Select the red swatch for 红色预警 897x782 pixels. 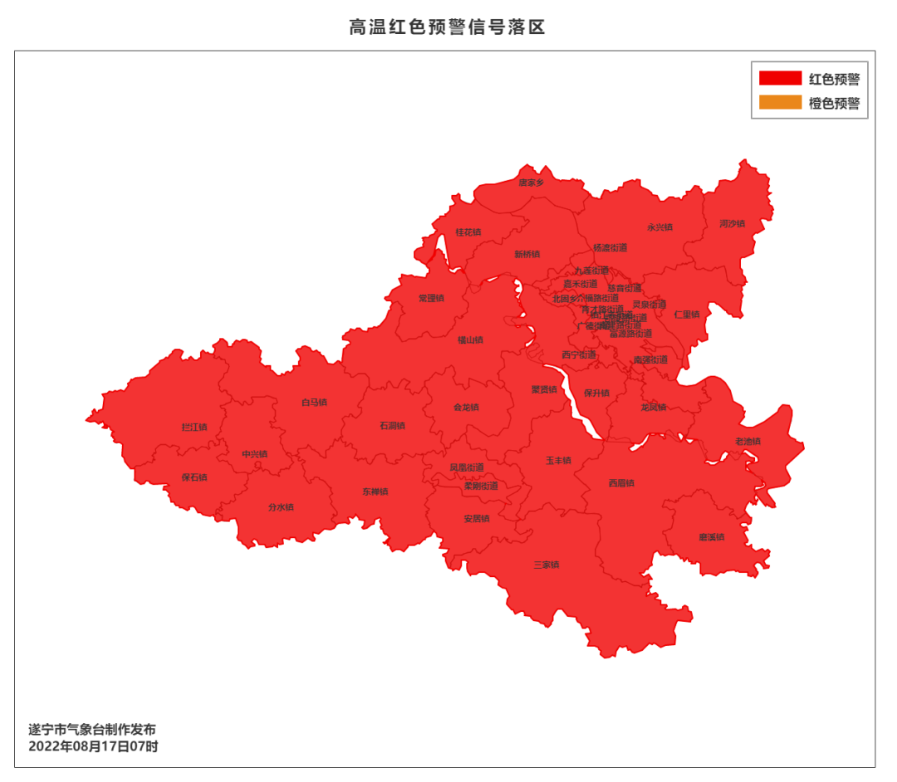pos(780,79)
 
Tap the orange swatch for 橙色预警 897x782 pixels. pos(780,104)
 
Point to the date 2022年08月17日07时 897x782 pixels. pos(93,746)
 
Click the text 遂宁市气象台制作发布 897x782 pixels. pos(92,730)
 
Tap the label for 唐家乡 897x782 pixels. pos(532,182)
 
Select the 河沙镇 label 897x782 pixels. pos(732,223)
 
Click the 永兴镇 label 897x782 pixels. pos(659,227)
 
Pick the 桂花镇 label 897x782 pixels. pos(468,232)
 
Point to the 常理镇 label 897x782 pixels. pos(431,298)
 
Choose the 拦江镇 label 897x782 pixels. pos(194,428)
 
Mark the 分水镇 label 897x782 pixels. pos(281,507)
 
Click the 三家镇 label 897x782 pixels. pos(546,565)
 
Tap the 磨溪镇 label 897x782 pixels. pos(712,537)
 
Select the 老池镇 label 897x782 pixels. pos(747,441)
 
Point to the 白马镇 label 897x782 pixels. pos(314,403)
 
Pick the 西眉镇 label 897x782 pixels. pos(621,483)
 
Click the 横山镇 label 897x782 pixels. pos(470,340)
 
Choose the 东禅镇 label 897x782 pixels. pos(375,491)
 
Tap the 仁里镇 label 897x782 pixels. pos(687,315)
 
